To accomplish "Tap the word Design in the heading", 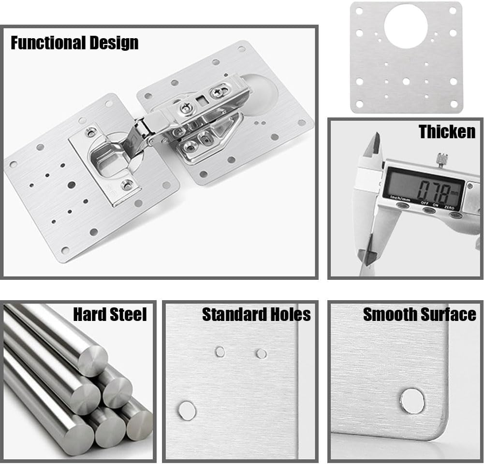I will [x=117, y=43].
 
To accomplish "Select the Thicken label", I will [x=447, y=131].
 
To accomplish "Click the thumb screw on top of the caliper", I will [x=441, y=159].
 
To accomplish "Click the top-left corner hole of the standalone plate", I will [x=358, y=10].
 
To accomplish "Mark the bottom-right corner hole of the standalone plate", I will [x=453, y=103].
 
